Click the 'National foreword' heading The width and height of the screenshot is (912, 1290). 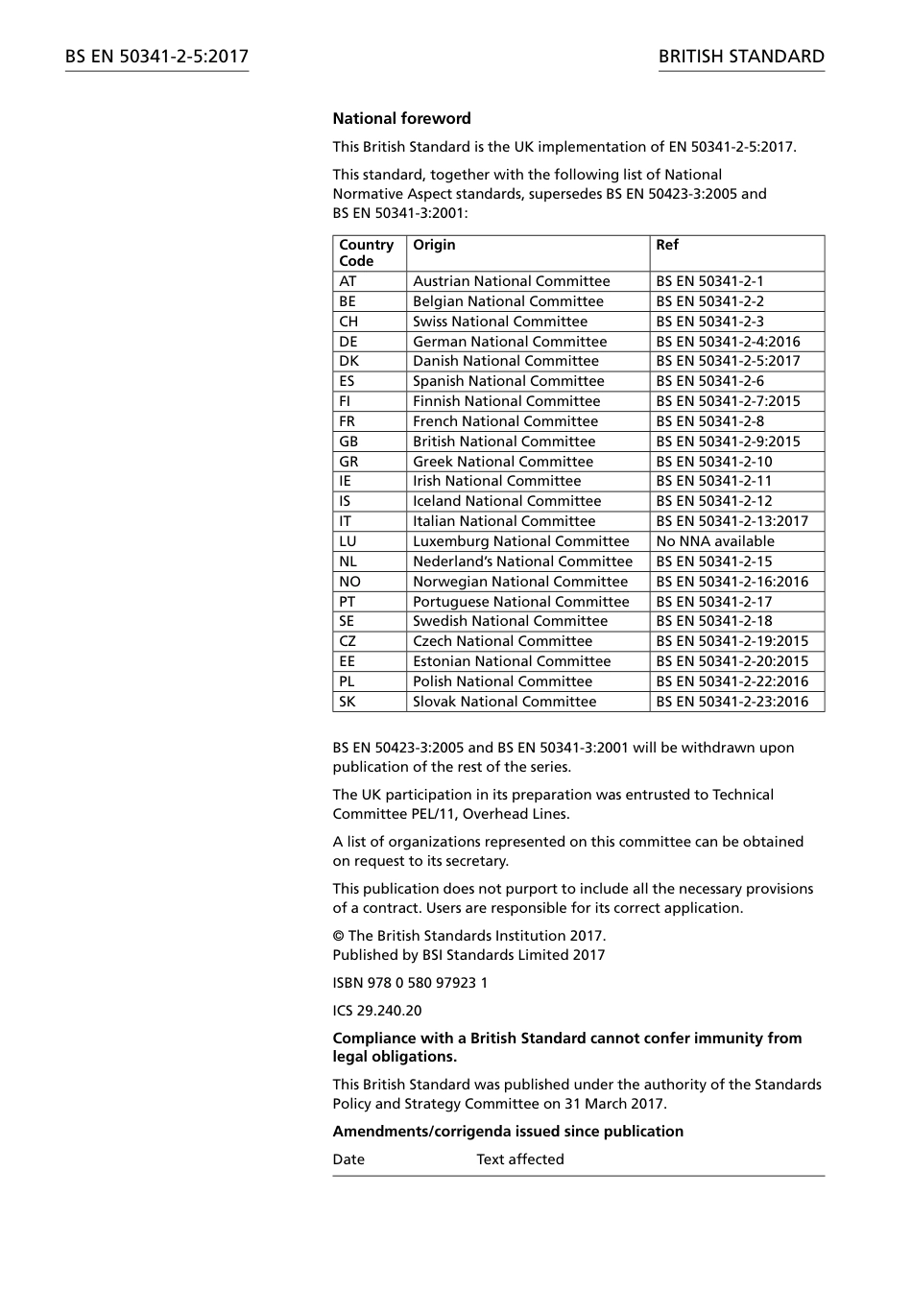pos(401,119)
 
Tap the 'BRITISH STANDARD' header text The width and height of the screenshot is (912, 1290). pos(741,57)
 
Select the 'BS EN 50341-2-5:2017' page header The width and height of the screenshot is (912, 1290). pos(156,57)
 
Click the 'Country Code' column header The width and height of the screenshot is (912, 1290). pos(366,252)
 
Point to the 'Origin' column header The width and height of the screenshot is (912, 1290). pos(434,245)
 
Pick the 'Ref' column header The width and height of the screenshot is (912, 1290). pos(667,245)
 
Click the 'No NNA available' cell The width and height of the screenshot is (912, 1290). pos(715,541)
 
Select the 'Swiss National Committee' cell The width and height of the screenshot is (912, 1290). pos(500,322)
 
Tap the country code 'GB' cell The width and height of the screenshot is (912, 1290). pos(348,442)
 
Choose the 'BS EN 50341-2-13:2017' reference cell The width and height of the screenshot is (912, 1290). pos(732,521)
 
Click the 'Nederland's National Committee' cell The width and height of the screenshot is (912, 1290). pos(523,561)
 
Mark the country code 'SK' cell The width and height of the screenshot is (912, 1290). pos(348,702)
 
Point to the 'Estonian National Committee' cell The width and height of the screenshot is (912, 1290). pos(512,661)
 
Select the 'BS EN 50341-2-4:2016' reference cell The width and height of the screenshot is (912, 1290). pos(728,342)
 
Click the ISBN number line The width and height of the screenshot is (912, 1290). pos(410,983)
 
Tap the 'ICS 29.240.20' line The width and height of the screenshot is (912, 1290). pos(377,1011)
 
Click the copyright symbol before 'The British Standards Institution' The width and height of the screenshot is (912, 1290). pos(338,936)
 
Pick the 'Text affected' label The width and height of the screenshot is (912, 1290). pos(520,1159)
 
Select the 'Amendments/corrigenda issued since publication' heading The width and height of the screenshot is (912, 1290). pos(508,1132)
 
